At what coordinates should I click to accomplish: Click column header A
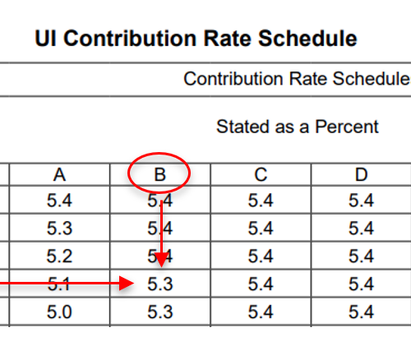[59, 174]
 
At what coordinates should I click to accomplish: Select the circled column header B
[160, 174]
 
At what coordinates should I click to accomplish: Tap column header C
[261, 174]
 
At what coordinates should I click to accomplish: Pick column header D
[361, 174]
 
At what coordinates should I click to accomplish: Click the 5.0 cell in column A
[59, 312]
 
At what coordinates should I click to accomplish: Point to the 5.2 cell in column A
[59, 256]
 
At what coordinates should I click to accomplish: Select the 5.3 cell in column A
[59, 228]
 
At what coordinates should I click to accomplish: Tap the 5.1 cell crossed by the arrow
[59, 284]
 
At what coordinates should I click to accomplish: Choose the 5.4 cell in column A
[59, 201]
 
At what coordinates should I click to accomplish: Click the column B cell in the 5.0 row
[160, 312]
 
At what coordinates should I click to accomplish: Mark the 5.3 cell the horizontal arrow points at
[160, 284]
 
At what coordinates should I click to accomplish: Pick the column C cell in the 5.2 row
[261, 256]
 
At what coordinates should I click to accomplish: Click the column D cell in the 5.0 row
[361, 312]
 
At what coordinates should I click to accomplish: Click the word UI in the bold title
[46, 39]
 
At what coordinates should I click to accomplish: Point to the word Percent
[347, 127]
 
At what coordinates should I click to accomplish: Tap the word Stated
[243, 127]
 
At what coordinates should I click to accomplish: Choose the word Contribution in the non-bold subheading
[233, 79]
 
